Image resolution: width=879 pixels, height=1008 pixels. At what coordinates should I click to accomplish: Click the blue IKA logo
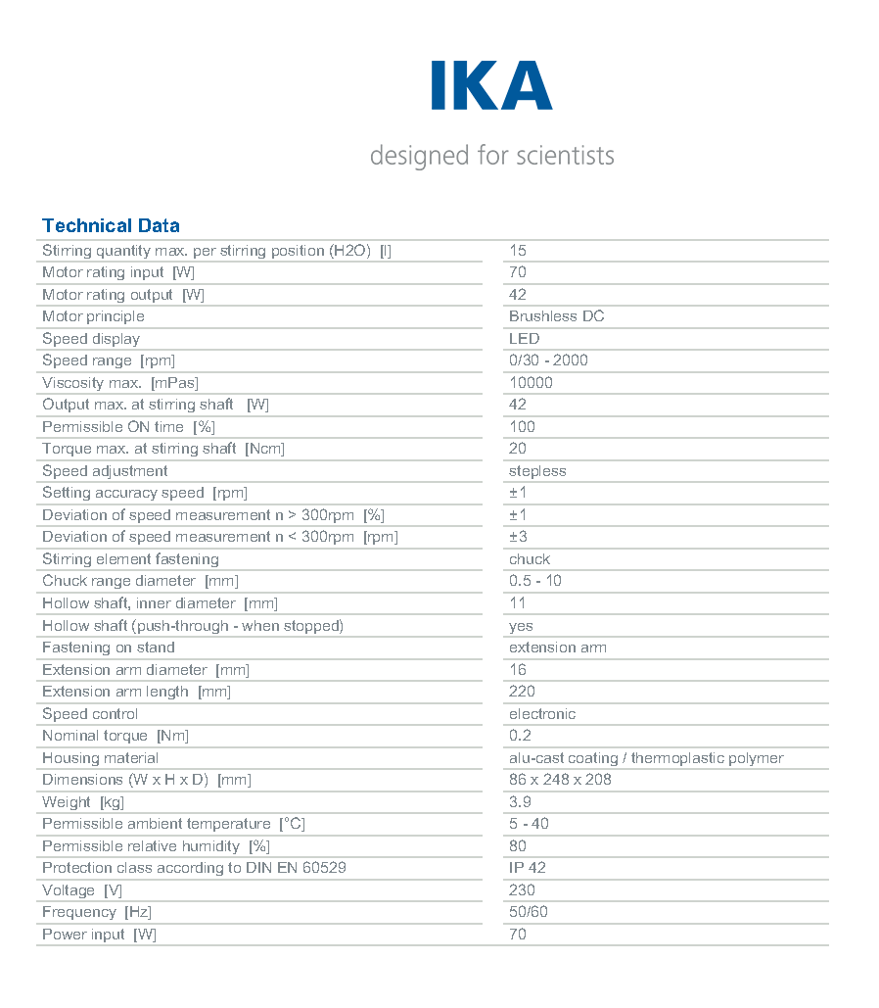click(x=491, y=85)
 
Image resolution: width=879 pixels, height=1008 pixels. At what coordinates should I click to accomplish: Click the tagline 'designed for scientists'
click(x=491, y=155)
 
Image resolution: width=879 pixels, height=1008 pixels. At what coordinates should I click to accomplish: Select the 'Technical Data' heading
click(x=111, y=226)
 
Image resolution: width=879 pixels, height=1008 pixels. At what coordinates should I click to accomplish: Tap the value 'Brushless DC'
click(x=556, y=316)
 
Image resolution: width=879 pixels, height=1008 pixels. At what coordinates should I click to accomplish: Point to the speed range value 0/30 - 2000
click(x=548, y=360)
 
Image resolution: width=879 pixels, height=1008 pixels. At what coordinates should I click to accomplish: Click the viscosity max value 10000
click(x=531, y=383)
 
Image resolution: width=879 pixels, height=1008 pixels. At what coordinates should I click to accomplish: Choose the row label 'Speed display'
click(x=91, y=339)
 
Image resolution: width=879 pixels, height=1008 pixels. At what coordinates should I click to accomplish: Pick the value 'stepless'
click(x=537, y=471)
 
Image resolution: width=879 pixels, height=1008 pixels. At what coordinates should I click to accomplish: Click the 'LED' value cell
click(x=524, y=339)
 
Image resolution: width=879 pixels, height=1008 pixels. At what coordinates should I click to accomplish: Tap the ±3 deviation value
click(x=518, y=537)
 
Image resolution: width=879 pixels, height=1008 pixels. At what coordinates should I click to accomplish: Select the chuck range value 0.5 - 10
click(x=534, y=581)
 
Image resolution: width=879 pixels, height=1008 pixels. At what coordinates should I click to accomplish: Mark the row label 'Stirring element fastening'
click(x=130, y=559)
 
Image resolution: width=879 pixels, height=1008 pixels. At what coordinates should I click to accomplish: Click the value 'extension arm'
click(x=557, y=648)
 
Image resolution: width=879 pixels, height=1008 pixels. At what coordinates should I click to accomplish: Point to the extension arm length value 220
click(x=522, y=692)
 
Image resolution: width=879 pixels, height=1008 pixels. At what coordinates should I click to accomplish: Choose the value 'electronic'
click(x=542, y=714)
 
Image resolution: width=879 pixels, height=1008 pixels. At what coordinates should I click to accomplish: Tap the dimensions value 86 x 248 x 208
click(x=560, y=780)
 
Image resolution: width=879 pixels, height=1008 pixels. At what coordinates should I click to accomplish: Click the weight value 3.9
click(x=520, y=802)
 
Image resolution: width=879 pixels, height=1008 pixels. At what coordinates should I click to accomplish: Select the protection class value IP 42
click(x=527, y=868)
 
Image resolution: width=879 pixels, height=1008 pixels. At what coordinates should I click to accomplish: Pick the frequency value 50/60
click(x=529, y=912)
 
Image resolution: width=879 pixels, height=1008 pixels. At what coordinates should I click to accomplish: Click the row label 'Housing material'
click(x=100, y=758)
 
